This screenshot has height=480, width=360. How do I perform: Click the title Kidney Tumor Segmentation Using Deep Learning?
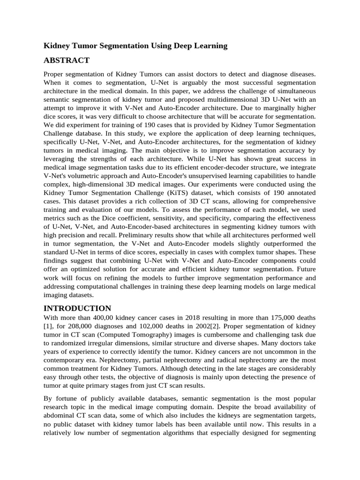[135, 45]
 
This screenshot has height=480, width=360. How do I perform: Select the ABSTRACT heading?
[67, 60]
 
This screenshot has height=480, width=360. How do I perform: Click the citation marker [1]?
[47, 326]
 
